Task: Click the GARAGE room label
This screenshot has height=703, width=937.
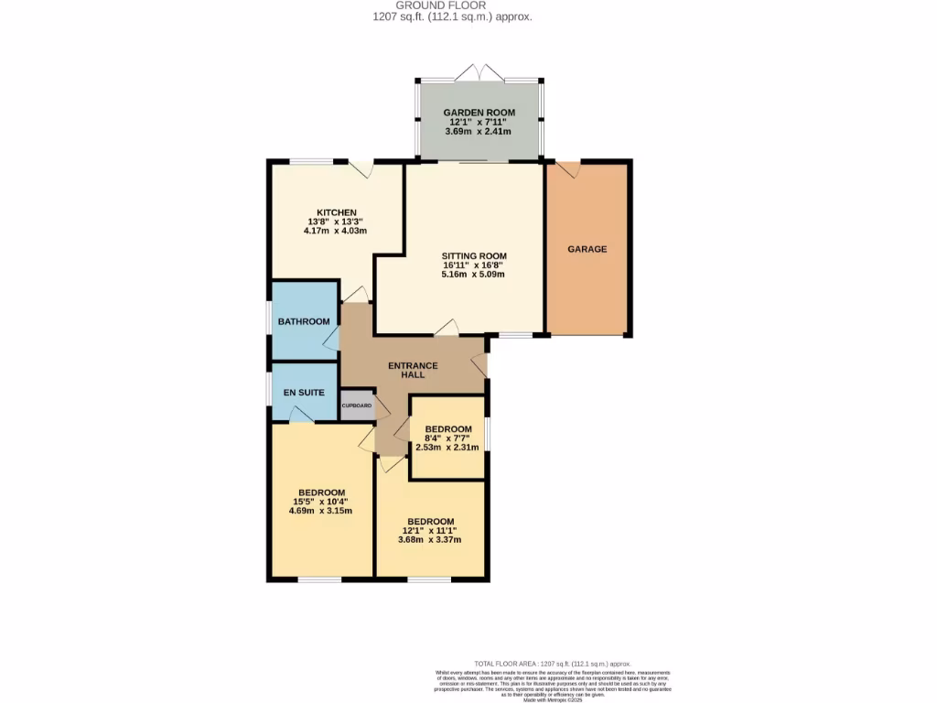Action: pos(587,249)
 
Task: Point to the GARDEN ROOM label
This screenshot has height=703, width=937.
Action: pos(480,113)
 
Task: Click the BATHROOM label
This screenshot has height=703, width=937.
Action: pos(304,321)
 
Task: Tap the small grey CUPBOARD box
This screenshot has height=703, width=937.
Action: pos(357,406)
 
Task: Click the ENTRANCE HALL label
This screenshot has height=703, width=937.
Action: pos(413,370)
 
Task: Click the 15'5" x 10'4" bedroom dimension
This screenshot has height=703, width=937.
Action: pos(320,501)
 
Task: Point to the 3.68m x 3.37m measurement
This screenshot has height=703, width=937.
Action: pos(430,539)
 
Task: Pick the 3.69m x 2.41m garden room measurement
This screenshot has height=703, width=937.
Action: pos(480,132)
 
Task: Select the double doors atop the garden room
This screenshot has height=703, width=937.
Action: pos(480,73)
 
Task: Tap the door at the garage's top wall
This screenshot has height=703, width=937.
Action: pos(568,170)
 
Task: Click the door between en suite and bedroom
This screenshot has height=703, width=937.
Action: pos(301,415)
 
